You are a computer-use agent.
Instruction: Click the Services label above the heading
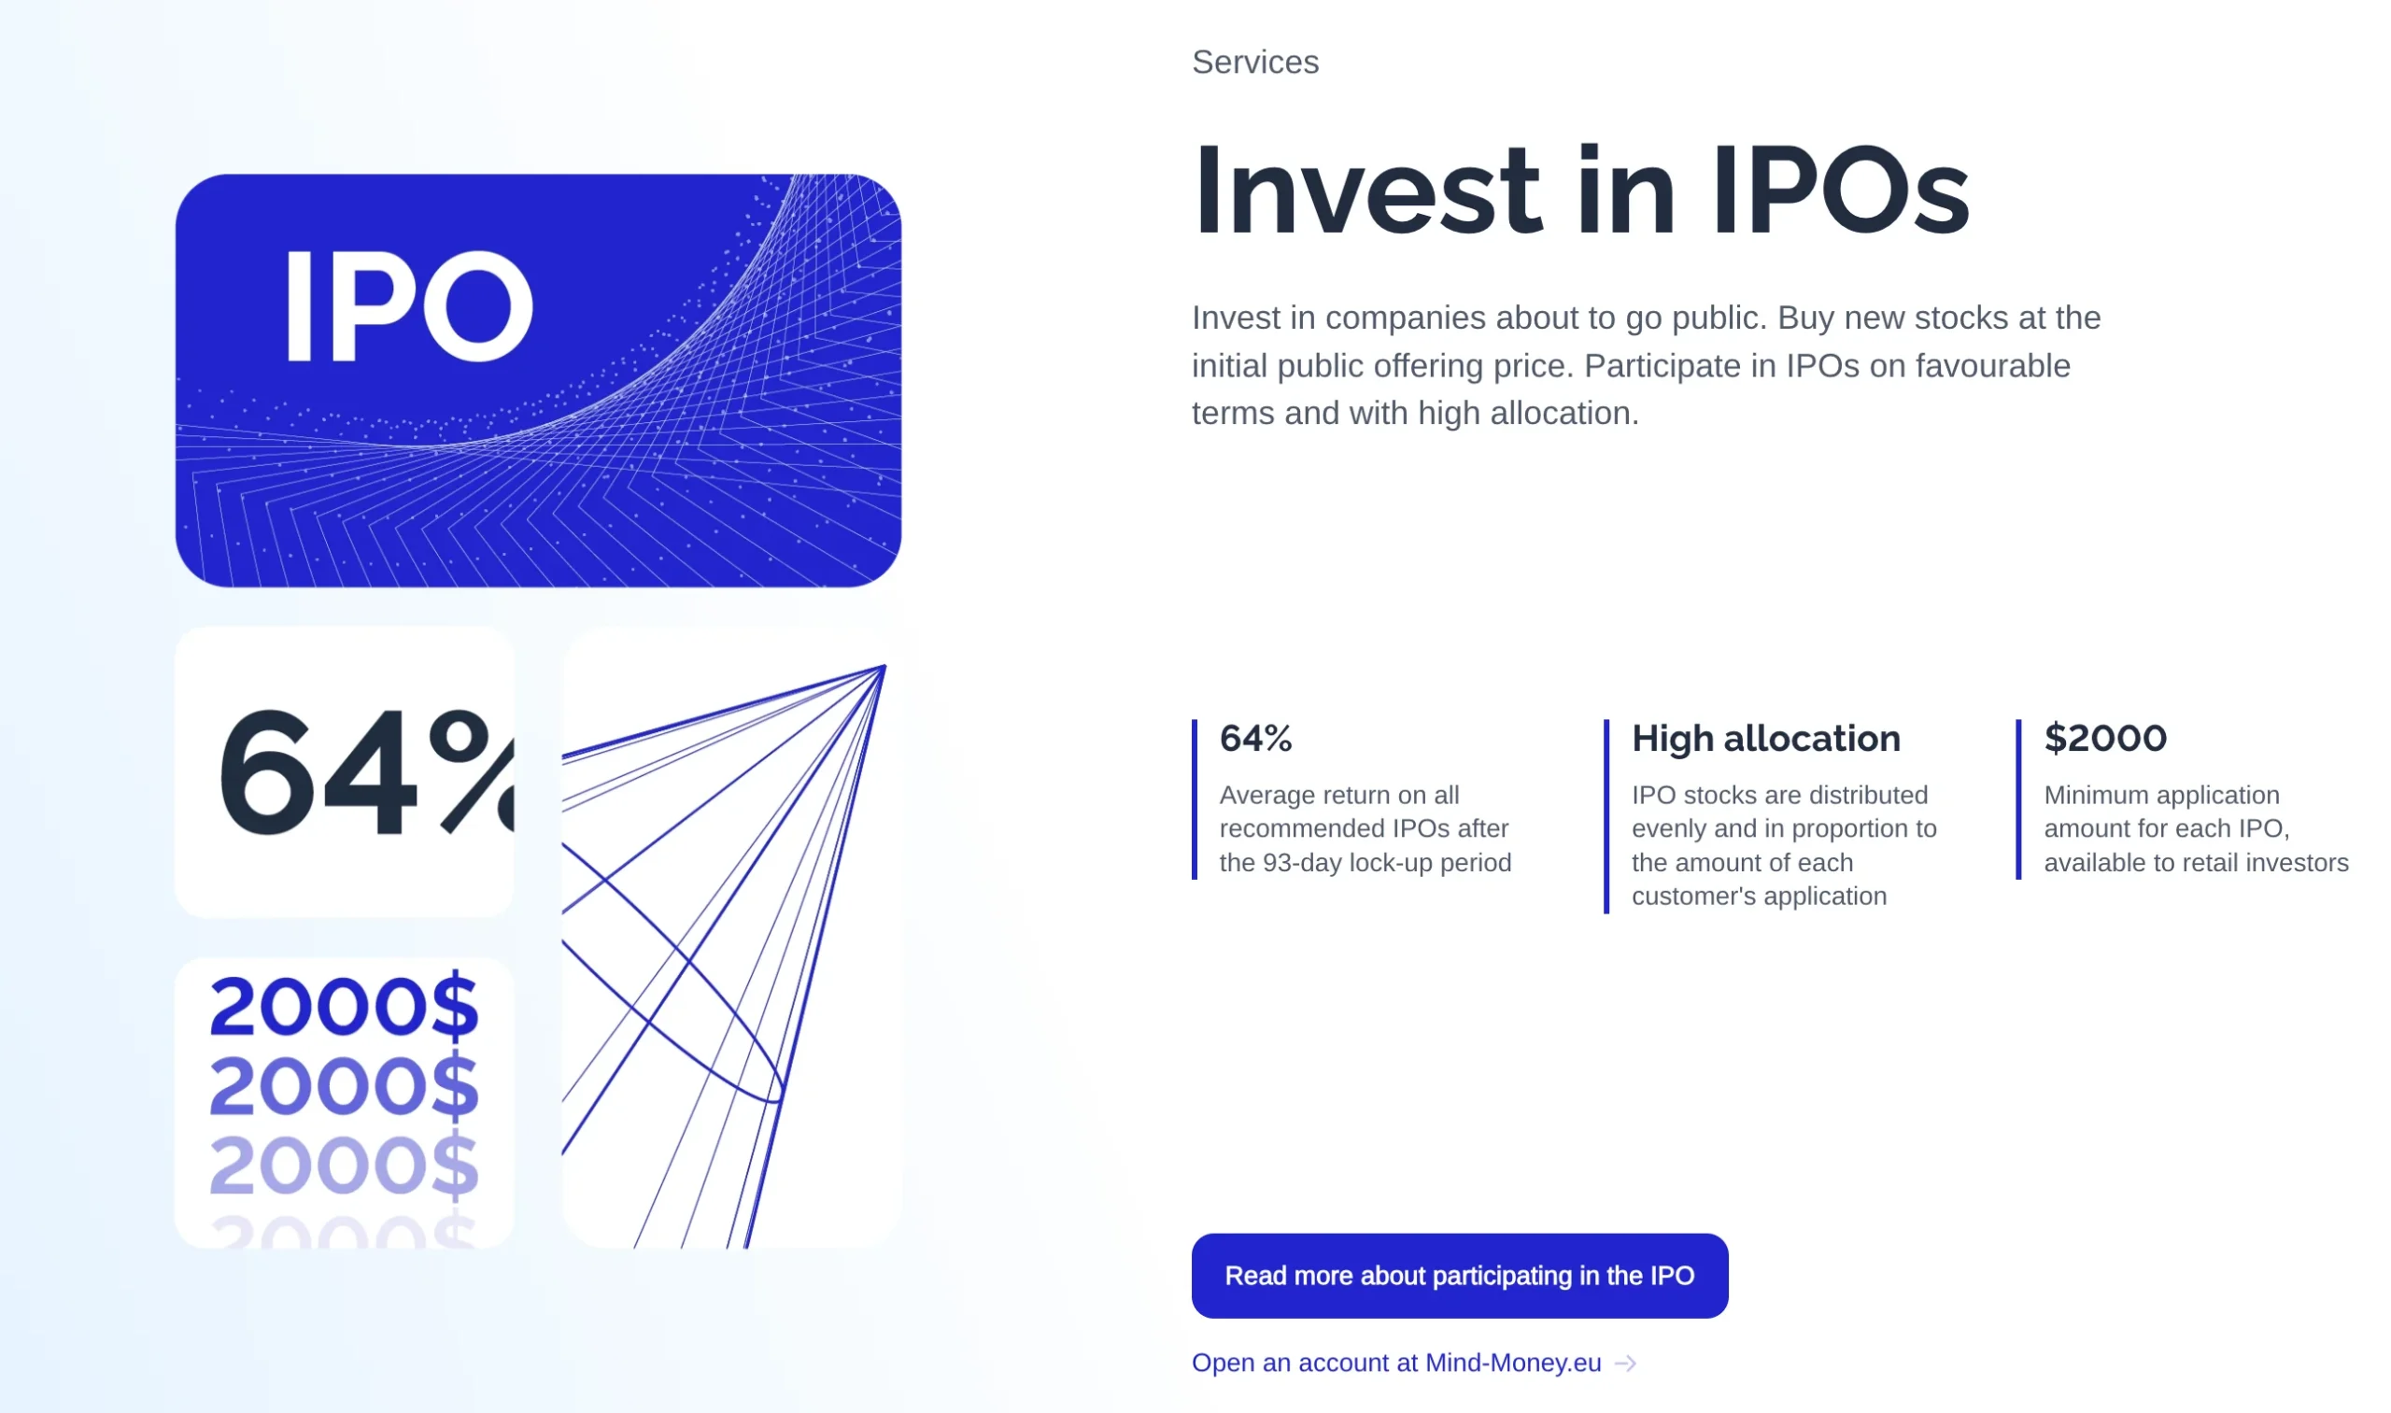click(x=1255, y=62)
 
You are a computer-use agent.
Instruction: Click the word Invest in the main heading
click(x=1367, y=191)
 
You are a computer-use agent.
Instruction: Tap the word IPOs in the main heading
click(x=1840, y=191)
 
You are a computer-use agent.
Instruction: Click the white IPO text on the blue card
click(x=409, y=305)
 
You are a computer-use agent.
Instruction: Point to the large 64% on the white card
click(x=367, y=772)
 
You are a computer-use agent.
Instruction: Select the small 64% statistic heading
click(x=1256, y=738)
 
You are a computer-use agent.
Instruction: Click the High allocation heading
click(x=1766, y=738)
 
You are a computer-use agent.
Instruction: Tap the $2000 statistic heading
click(x=2105, y=738)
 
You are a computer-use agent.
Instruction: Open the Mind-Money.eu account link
click(x=1397, y=1363)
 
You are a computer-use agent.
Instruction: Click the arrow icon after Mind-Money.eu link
click(x=1626, y=1364)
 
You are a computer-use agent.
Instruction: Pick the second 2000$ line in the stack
click(x=344, y=1085)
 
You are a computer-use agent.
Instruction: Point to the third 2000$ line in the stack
click(x=344, y=1165)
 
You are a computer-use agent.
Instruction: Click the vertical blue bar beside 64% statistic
click(x=1194, y=798)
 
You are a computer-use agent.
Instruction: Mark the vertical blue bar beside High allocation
click(x=1606, y=816)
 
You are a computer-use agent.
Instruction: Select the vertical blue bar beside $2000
click(x=2018, y=798)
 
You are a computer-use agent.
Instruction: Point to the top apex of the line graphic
click(x=884, y=667)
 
